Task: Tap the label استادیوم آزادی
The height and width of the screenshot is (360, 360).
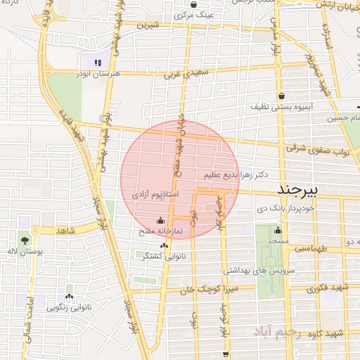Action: [x=150, y=193]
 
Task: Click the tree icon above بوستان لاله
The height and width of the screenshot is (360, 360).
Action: [x=25, y=239]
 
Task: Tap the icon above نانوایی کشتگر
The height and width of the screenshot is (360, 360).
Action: [x=165, y=245]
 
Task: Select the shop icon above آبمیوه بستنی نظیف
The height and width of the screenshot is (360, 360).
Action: [x=281, y=96]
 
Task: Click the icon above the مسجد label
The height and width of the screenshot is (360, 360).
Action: [x=278, y=231]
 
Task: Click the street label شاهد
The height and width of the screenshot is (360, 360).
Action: [x=65, y=230]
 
